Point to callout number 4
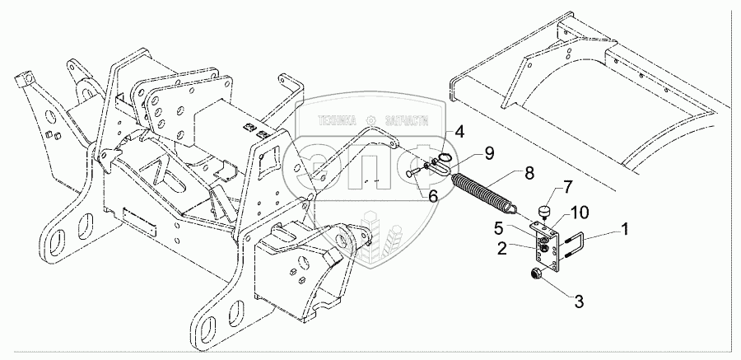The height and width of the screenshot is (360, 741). (x=459, y=131)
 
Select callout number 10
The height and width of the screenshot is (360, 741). (x=581, y=212)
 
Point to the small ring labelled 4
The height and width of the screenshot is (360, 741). (x=445, y=157)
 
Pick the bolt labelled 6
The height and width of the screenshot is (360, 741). (x=413, y=173)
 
